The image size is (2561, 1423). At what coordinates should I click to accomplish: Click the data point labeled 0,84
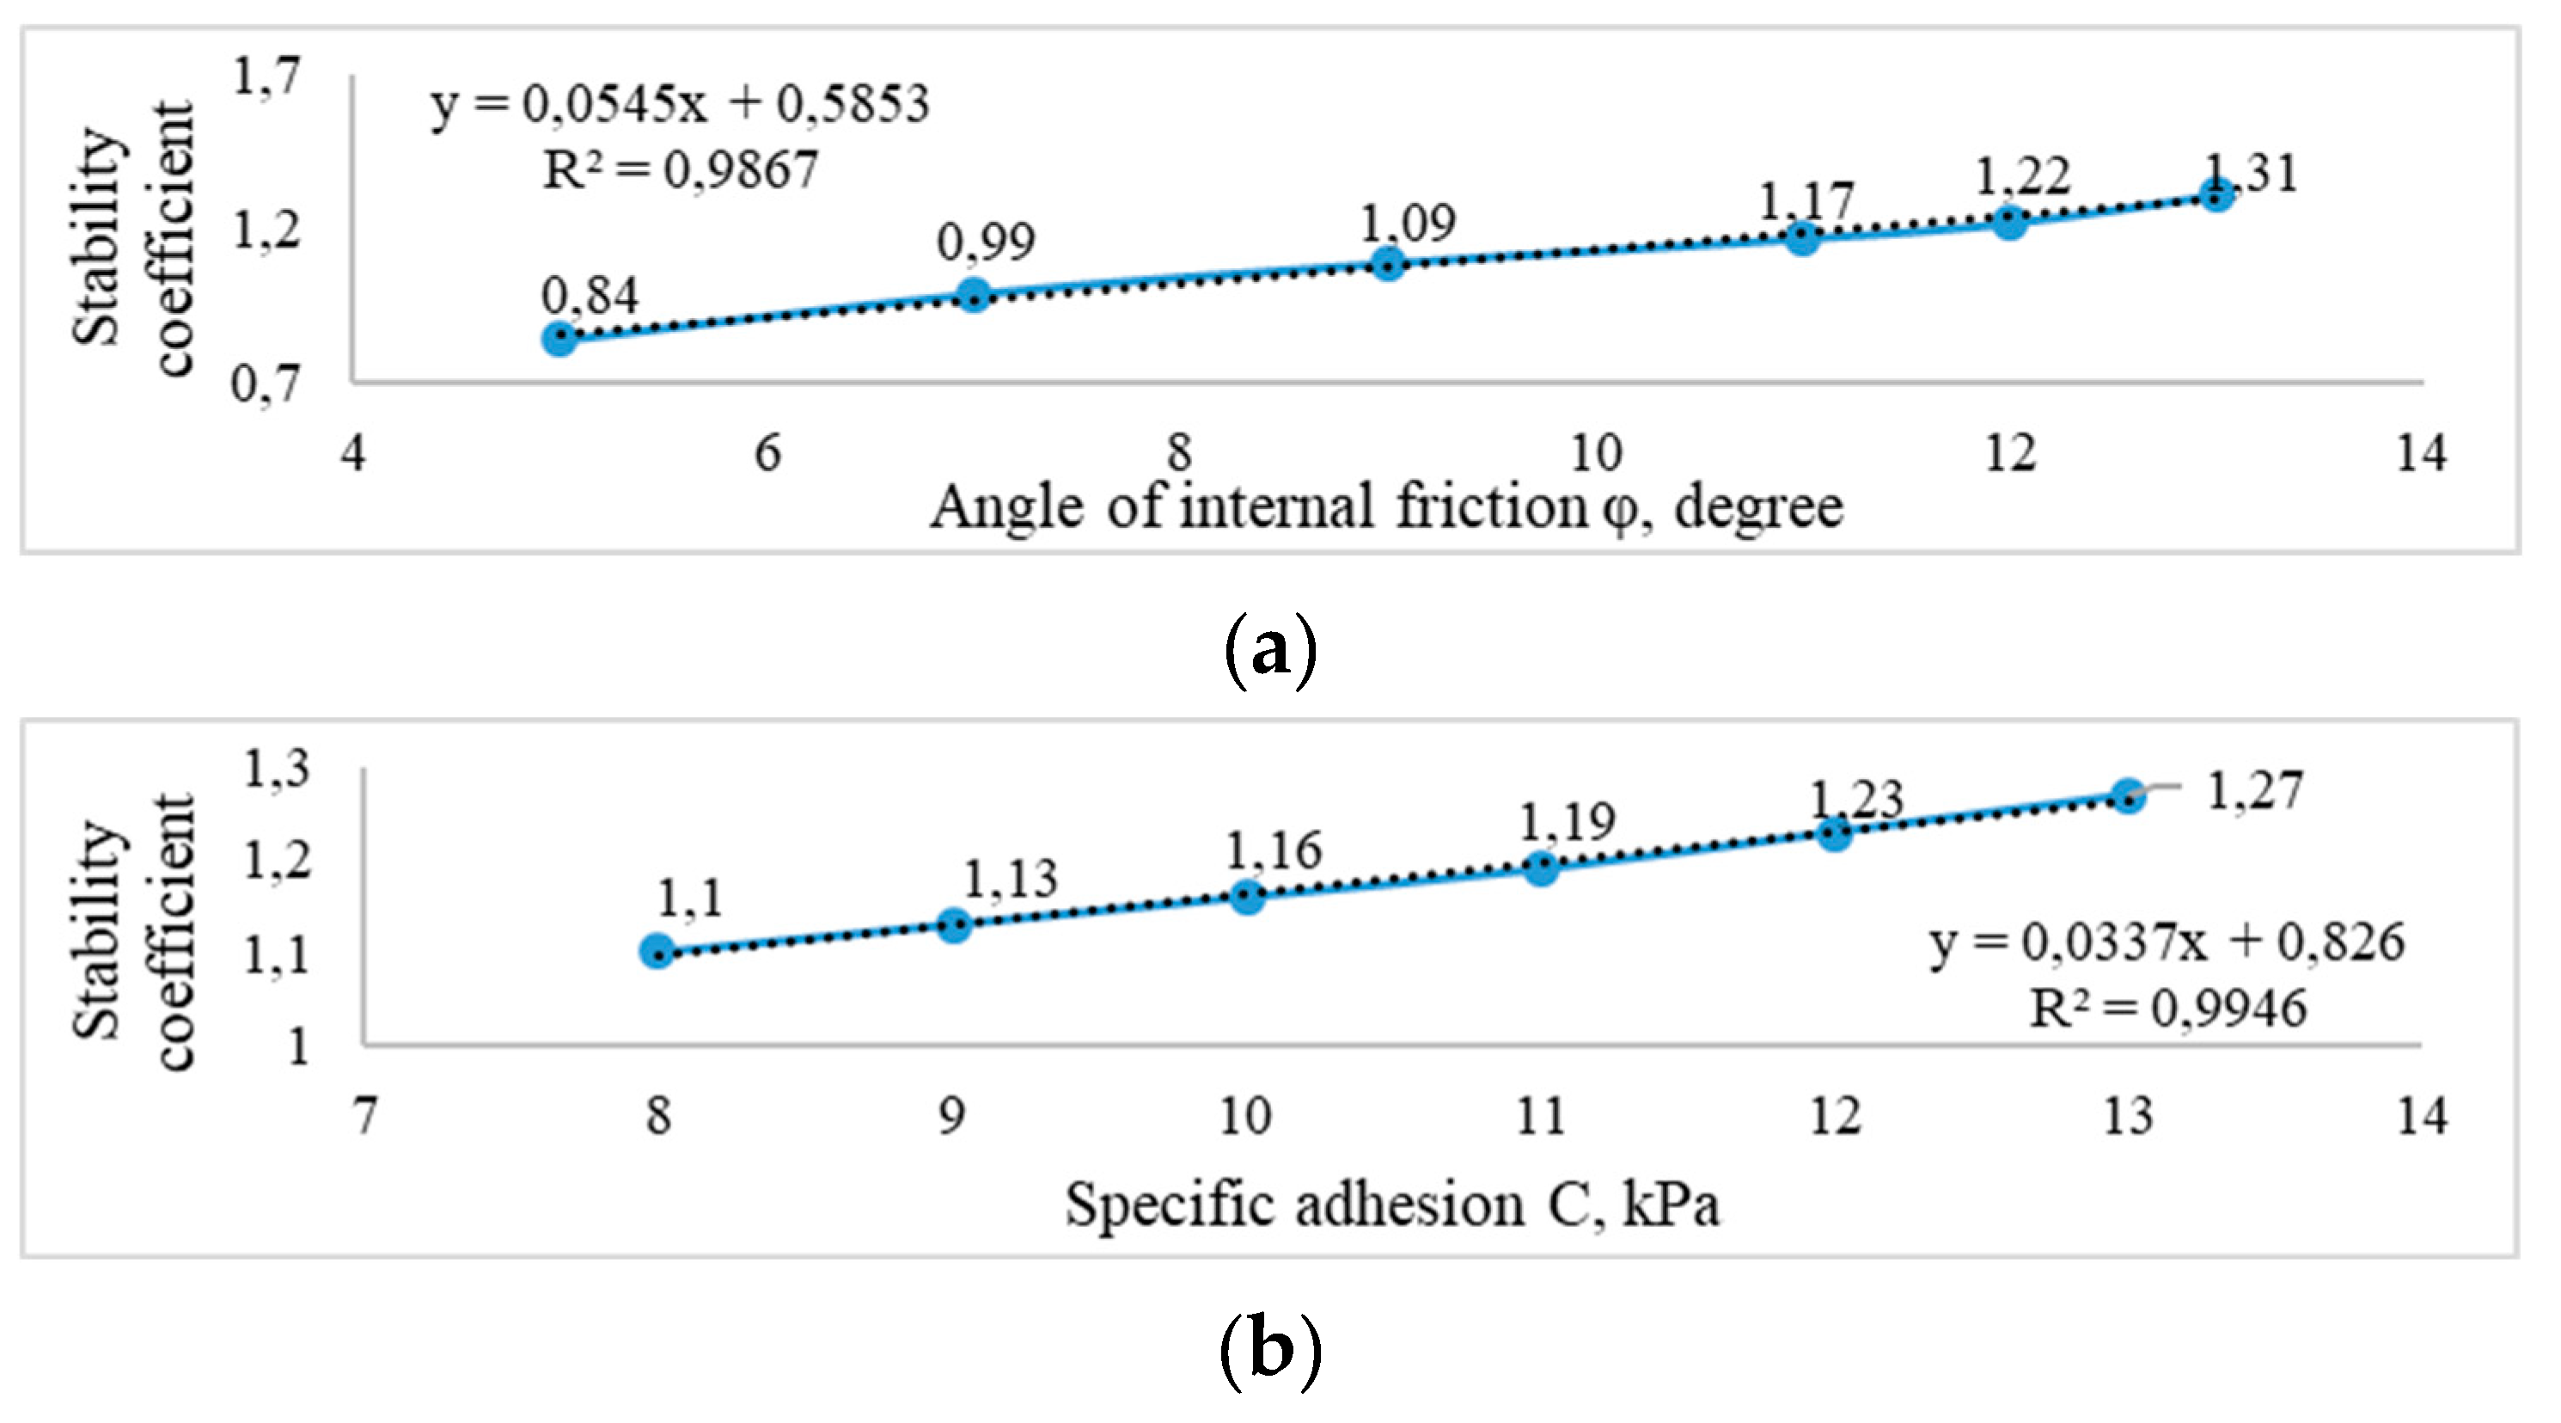click(559, 339)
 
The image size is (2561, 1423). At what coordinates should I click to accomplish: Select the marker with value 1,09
click(1388, 263)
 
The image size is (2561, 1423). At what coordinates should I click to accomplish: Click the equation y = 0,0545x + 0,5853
click(680, 103)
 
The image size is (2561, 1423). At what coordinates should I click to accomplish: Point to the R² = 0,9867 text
click(680, 170)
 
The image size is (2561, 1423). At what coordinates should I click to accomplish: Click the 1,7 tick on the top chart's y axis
click(266, 77)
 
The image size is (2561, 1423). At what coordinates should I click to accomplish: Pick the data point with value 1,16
click(1247, 897)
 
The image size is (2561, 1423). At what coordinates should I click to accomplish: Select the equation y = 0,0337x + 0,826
click(2167, 942)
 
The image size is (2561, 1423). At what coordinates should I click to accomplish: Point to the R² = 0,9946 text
click(2167, 1009)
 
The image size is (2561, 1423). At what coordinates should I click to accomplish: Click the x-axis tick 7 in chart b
click(366, 1116)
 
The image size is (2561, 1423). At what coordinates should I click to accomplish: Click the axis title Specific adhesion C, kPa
click(1392, 1205)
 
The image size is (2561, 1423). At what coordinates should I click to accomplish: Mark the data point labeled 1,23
click(1834, 833)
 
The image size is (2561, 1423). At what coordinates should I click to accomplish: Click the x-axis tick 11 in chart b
click(1540, 1116)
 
